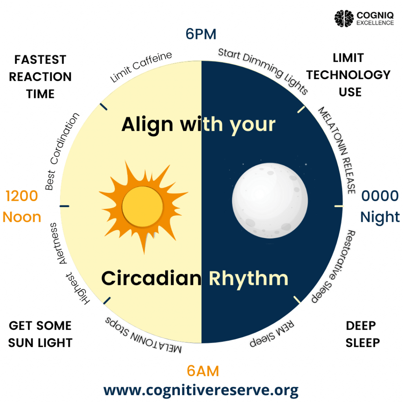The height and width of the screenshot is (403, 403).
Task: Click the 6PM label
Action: (201, 35)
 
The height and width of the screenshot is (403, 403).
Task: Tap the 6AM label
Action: (203, 371)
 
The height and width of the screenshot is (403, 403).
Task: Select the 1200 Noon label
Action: (22, 207)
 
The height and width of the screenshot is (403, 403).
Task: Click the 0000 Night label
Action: (380, 207)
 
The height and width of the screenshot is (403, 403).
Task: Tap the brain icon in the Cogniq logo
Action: (344, 18)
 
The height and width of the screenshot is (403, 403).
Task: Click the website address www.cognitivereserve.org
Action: (201, 390)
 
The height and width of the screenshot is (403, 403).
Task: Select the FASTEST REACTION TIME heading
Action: (41, 77)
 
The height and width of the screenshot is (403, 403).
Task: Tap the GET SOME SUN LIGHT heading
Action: (41, 334)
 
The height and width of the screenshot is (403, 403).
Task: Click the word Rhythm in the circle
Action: (248, 279)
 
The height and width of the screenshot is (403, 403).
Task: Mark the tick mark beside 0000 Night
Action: (338, 206)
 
